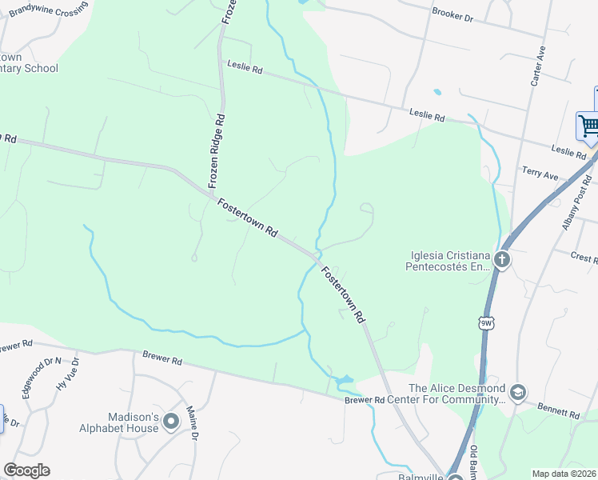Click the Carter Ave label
tap(536, 66)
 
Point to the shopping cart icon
tap(589, 126)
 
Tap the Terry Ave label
tap(540, 173)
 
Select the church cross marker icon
tap(501, 259)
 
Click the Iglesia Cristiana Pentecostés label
tap(448, 262)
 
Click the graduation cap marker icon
tap(518, 391)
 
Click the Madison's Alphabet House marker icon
tap(170, 421)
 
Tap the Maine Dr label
tap(192, 423)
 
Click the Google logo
tap(26, 470)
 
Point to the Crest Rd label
tap(584, 258)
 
